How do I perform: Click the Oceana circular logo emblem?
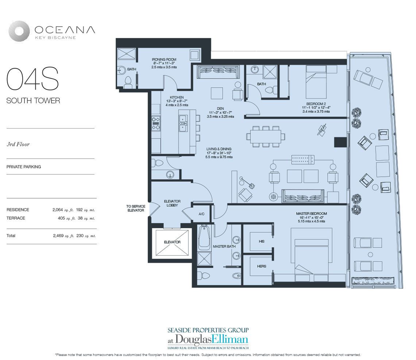coord(19,31)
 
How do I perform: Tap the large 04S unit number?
coord(32,79)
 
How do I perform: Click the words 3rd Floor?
coord(18,144)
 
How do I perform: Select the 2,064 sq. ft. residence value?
coord(63,210)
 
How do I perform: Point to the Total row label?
coord(11,235)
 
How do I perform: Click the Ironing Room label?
coord(164,60)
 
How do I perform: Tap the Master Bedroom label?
coord(312,214)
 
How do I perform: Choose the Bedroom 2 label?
coord(316,104)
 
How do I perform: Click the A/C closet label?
coord(201,214)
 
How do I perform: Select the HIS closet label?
coord(262,241)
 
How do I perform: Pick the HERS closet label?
coord(262,266)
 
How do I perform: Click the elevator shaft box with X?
coord(172,242)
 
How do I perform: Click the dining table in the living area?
coord(266,136)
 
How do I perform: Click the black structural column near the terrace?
coord(340,142)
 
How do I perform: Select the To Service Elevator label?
coord(136,208)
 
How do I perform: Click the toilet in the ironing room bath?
coord(128,82)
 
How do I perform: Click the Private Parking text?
coord(24,167)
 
